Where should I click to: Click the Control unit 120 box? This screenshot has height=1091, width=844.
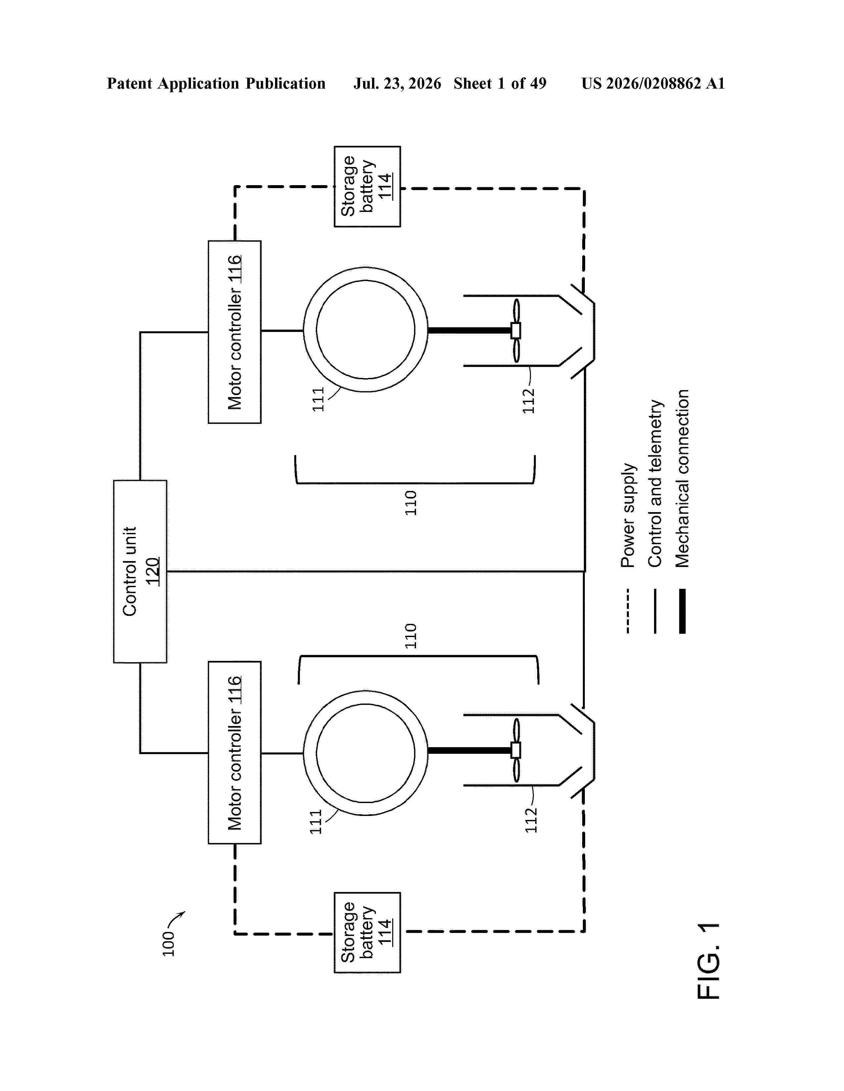tap(140, 572)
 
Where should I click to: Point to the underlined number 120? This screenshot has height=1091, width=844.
tap(153, 572)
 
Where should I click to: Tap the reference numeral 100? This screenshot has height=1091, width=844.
tap(168, 944)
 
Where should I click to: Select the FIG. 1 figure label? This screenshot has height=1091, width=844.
tap(709, 961)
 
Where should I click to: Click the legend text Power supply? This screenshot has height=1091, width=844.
tap(628, 515)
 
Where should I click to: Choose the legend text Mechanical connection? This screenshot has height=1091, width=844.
tap(682, 479)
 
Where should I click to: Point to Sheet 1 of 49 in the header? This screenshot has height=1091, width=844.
tap(500, 83)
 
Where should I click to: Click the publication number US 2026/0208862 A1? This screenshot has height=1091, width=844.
tap(653, 83)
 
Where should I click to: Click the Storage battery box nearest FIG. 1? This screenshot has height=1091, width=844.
tap(367, 932)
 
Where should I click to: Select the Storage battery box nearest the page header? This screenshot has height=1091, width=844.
tap(367, 186)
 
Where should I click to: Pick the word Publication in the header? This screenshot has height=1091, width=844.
tap(285, 83)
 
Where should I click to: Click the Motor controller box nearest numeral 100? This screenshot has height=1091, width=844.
tap(235, 752)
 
